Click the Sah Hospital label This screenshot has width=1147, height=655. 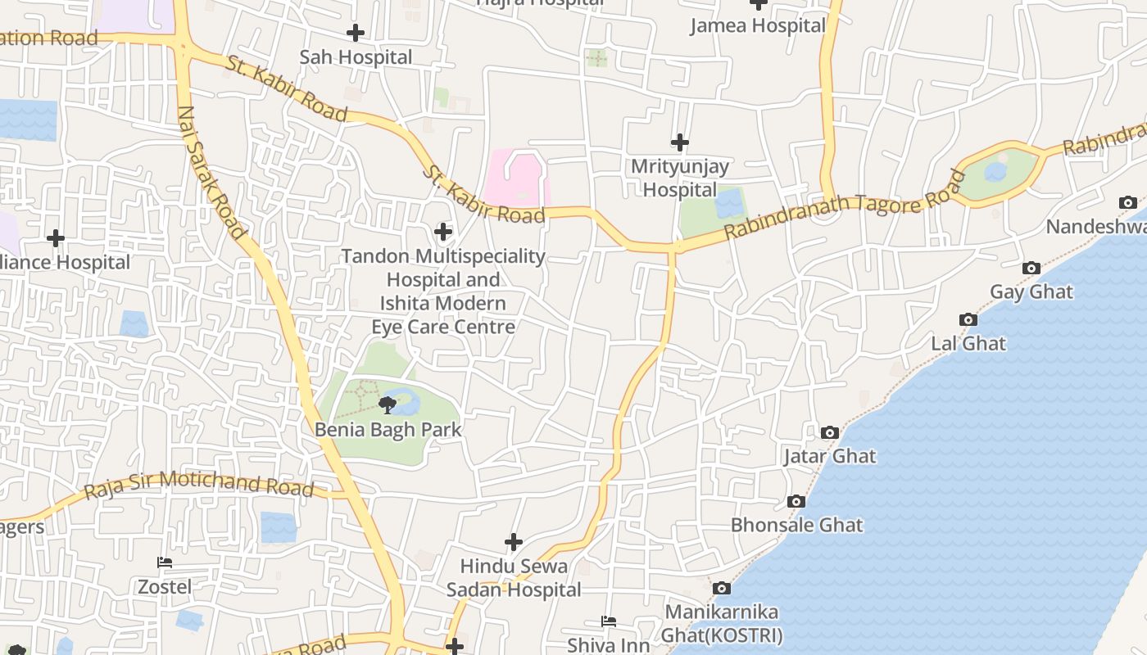click(356, 57)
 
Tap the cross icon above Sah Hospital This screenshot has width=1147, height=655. click(356, 33)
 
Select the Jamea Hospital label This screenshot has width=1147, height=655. click(758, 25)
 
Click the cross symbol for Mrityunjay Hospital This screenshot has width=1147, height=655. click(679, 142)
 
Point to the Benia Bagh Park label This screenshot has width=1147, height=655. click(388, 430)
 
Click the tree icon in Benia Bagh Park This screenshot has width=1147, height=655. click(388, 404)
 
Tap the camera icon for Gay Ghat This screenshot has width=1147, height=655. click(1031, 268)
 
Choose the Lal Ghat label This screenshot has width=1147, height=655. click(968, 343)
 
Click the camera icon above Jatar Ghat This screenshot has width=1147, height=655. click(830, 432)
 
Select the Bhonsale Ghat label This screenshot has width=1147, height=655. click(796, 525)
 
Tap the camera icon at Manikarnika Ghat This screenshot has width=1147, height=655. click(721, 588)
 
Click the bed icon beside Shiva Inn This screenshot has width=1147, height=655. click(609, 621)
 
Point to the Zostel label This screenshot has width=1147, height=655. click(165, 587)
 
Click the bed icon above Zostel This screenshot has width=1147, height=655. click(165, 562)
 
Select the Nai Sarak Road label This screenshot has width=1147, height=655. click(211, 172)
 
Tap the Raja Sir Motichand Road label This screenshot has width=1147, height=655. click(199, 484)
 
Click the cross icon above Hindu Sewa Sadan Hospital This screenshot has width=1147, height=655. click(514, 542)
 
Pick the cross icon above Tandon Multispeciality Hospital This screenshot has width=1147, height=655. click(443, 232)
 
